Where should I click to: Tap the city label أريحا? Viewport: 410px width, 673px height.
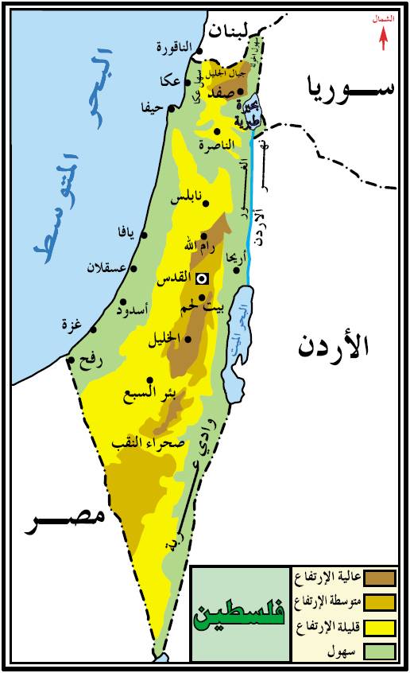coord(238,256)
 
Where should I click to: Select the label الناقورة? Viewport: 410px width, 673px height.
coord(172,48)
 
